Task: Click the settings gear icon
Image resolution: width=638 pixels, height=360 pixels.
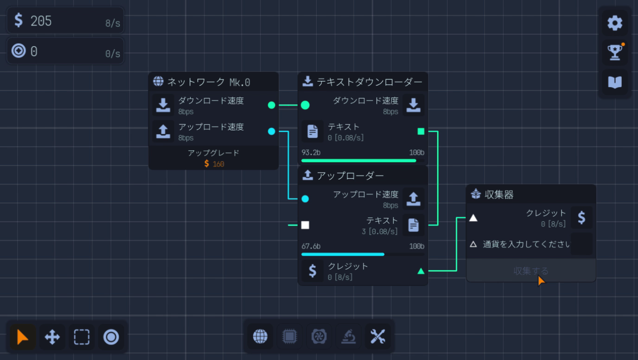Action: [615, 23]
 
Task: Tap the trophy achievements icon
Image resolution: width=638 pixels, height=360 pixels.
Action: [615, 52]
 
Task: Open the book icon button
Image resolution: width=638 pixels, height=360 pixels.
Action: [615, 82]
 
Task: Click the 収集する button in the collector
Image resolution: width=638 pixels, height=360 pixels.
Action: [531, 271]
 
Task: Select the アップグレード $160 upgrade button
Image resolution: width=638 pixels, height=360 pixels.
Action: [214, 158]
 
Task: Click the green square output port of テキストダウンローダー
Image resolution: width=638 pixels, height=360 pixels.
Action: [421, 131]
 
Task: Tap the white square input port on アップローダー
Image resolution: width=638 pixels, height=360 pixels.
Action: [305, 225]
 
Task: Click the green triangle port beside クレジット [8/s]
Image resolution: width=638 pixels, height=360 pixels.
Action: [421, 271]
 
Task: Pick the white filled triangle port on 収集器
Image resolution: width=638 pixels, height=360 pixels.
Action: [473, 218]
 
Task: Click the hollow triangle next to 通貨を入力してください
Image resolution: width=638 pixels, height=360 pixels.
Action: [473, 244]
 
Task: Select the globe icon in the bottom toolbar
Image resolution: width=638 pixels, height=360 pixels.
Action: [260, 337]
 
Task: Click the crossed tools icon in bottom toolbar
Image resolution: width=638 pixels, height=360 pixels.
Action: [378, 337]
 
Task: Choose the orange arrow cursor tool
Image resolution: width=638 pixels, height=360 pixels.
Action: [22, 337]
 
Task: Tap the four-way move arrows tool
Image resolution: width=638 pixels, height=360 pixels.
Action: [52, 337]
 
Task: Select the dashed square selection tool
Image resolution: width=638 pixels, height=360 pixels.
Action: [82, 337]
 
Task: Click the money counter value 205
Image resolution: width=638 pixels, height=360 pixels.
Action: [41, 21]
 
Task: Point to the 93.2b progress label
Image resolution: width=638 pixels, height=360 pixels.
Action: [311, 153]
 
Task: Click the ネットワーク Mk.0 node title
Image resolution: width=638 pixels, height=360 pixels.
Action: [208, 82]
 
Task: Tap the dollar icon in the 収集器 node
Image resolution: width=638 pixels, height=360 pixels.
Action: [581, 218]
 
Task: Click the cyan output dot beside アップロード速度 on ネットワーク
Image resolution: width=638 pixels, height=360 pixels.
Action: [271, 131]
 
